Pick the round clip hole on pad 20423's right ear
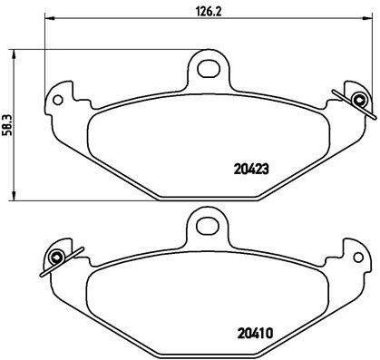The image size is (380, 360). click(359, 98)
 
